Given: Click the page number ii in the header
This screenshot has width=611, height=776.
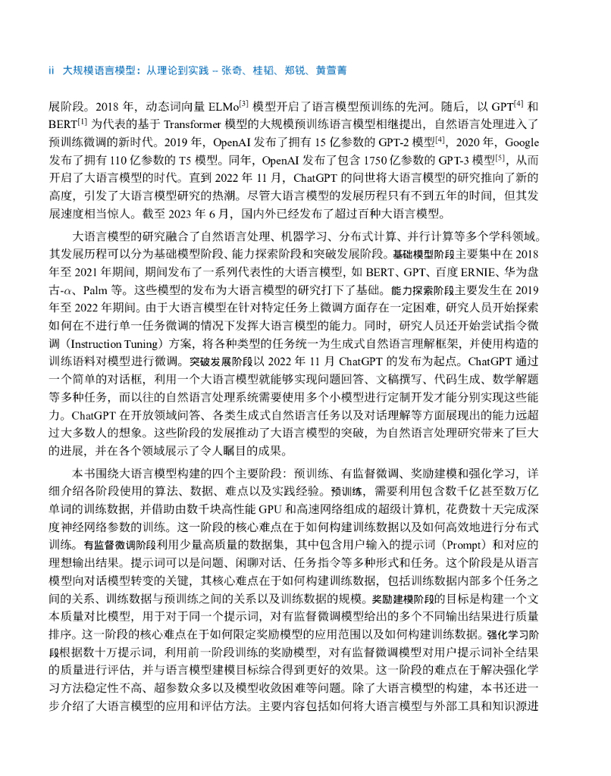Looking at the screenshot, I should tap(51, 70).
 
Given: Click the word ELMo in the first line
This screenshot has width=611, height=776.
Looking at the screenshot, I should tap(217, 105).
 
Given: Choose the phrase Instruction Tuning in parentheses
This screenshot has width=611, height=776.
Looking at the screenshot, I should tap(112, 342).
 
